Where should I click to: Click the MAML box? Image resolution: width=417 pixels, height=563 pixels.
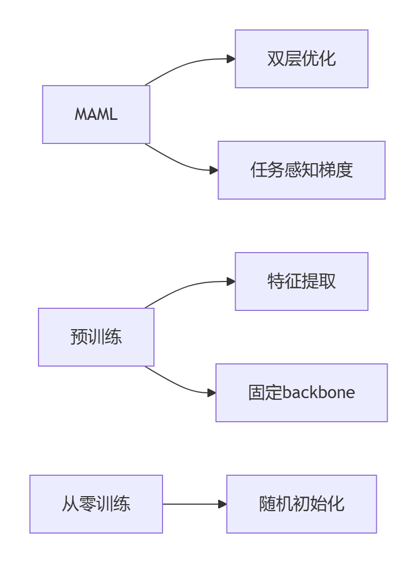[x=96, y=115]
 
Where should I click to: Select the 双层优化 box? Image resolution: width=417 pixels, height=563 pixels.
[x=302, y=59]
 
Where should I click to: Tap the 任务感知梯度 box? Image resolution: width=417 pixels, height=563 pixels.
[x=302, y=170]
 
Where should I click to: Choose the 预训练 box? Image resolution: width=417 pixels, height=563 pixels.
[x=96, y=337]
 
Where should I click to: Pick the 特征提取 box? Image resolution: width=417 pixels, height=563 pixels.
[x=302, y=281]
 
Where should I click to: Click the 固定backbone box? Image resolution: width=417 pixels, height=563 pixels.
[x=302, y=393]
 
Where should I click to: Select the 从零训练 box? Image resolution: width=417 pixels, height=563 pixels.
[x=96, y=504]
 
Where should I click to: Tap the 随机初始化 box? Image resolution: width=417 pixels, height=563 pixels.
[x=302, y=504]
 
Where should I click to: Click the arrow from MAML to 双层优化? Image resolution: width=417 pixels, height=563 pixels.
[x=187, y=63]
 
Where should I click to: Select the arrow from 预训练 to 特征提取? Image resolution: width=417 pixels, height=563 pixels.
[x=187, y=286]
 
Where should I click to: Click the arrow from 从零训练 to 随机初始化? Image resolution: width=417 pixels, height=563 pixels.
[x=192, y=504]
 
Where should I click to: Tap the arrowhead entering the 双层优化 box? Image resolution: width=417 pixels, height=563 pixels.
[x=231, y=59]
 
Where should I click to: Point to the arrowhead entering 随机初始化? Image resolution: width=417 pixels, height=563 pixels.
[x=223, y=504]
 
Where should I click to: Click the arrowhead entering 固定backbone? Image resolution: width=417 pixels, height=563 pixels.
[x=212, y=393]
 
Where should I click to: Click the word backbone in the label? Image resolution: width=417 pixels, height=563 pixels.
[x=319, y=393]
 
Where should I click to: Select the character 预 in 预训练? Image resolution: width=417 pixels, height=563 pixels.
[x=79, y=337]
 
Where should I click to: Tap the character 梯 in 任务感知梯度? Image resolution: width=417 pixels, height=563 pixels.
[x=327, y=170]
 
